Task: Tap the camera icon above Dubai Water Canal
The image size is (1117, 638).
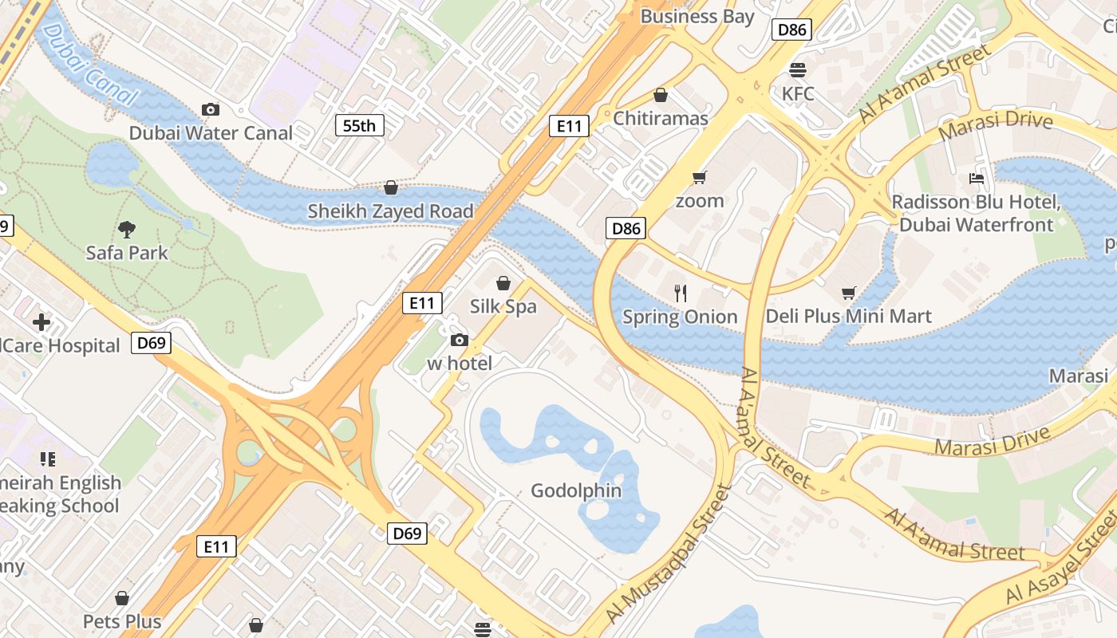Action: click(x=211, y=109)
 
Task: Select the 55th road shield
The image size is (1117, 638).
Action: click(x=359, y=125)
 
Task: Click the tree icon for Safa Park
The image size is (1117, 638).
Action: click(x=126, y=230)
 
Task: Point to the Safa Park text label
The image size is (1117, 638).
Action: click(x=127, y=253)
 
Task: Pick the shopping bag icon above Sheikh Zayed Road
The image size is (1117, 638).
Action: click(x=391, y=187)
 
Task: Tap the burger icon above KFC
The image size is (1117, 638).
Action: click(x=797, y=69)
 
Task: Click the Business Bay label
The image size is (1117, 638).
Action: click(x=697, y=16)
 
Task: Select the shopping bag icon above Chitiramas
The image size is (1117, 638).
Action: click(x=661, y=95)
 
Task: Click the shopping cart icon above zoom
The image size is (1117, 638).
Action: click(x=700, y=177)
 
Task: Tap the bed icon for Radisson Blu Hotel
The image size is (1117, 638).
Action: click(x=977, y=178)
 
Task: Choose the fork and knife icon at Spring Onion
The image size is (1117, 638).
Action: click(x=681, y=293)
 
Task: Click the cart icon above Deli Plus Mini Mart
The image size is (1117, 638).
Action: click(x=849, y=293)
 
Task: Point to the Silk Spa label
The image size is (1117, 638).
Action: click(x=503, y=306)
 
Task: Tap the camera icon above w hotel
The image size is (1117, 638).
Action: click(x=459, y=341)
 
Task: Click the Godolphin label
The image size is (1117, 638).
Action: click(x=576, y=490)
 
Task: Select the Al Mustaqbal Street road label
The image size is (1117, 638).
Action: click(x=669, y=553)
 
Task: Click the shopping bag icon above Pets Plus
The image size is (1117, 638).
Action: click(x=122, y=598)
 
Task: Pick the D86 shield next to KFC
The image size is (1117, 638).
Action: click(x=791, y=30)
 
